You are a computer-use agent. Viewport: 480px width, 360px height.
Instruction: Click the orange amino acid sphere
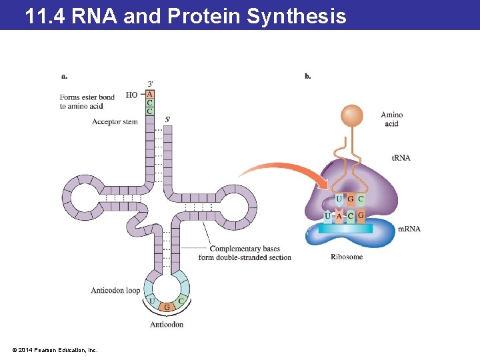tap(351, 116)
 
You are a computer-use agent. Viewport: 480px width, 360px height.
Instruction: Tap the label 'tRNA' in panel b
tap(401, 158)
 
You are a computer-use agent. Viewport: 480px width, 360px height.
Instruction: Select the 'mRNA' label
tap(409, 229)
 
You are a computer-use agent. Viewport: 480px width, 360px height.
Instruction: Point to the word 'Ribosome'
tap(347, 257)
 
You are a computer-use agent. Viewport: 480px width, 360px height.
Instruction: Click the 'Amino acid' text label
tap(391, 119)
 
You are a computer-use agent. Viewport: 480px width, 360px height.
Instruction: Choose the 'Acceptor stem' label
tap(115, 122)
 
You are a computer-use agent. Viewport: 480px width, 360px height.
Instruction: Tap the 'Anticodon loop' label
tap(115, 291)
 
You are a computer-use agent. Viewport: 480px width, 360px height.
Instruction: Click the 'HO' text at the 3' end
tap(131, 95)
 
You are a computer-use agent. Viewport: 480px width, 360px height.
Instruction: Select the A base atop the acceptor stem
tap(149, 95)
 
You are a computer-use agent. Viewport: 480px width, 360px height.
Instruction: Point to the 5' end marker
tap(168, 119)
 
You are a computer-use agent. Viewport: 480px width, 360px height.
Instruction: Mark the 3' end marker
tap(151, 83)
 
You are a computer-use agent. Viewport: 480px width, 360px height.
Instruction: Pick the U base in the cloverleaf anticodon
tap(152, 301)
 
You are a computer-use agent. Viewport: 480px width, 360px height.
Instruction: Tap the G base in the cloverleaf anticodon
tap(167, 307)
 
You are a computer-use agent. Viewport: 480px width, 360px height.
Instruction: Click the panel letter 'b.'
tap(307, 76)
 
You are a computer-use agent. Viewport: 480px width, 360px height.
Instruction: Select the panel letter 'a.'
tap(64, 76)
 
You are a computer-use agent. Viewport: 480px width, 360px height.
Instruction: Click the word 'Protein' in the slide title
tap(205, 15)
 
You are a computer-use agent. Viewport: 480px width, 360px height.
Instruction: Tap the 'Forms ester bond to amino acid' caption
tap(87, 101)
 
